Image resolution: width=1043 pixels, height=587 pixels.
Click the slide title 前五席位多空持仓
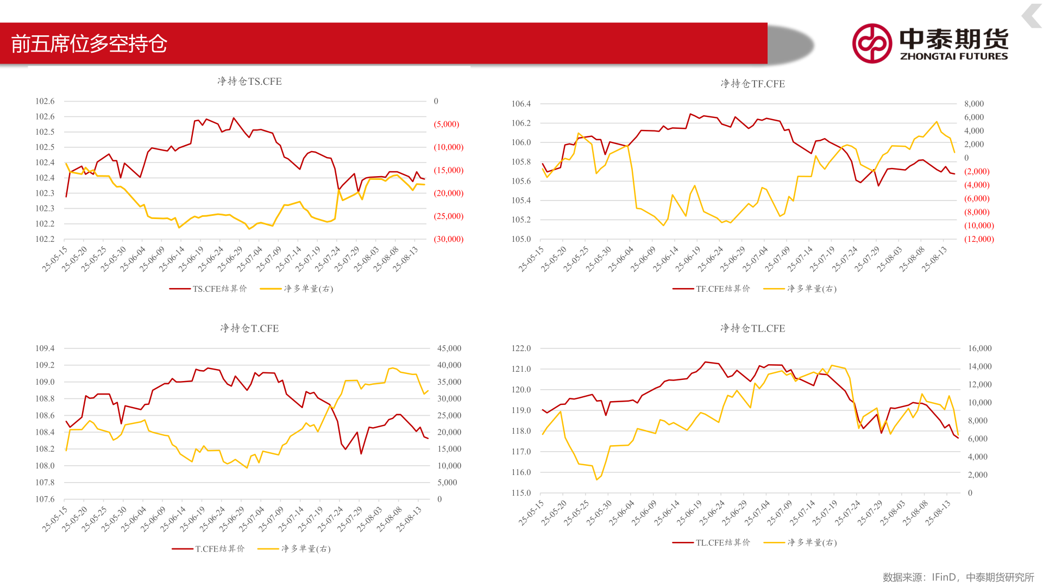click(89, 43)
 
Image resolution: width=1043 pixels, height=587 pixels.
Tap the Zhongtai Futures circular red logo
click(872, 43)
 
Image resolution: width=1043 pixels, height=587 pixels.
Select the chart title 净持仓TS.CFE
click(249, 82)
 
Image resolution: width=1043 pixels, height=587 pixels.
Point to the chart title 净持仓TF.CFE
click(752, 84)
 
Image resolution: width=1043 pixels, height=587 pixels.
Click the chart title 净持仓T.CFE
click(249, 328)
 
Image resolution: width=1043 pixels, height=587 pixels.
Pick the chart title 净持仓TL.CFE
click(752, 328)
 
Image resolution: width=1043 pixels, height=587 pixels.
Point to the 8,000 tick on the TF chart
click(974, 104)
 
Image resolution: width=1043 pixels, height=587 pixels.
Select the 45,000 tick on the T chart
click(449, 348)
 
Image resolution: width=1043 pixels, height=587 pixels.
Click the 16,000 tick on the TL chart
click(979, 348)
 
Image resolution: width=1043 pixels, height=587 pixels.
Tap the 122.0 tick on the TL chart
click(521, 348)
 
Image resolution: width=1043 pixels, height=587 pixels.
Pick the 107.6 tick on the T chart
click(45, 499)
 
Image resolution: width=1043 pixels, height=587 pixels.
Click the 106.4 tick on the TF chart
click(521, 104)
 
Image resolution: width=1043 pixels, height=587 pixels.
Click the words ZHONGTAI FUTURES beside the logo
click(954, 57)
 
